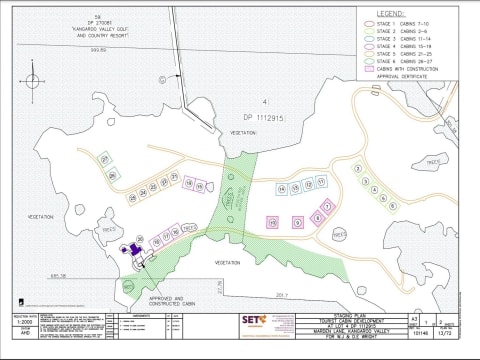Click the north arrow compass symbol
(32, 79)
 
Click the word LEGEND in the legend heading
(390, 14)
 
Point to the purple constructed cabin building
(132, 254)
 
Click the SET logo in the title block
(251, 322)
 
